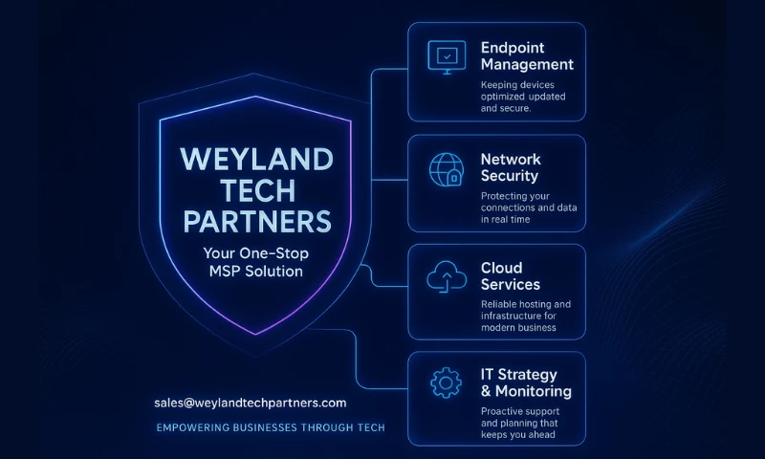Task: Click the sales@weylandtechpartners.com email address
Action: tap(250, 403)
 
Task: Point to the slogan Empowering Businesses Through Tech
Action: tap(271, 427)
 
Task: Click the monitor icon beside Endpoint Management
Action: tap(447, 58)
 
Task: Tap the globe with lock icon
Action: tap(447, 170)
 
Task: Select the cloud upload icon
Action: tap(447, 277)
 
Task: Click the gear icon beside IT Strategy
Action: tap(447, 383)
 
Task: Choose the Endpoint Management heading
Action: tap(527, 55)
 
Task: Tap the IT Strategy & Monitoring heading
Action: tap(525, 382)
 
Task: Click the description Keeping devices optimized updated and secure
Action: tap(524, 97)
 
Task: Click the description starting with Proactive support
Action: tap(520, 423)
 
